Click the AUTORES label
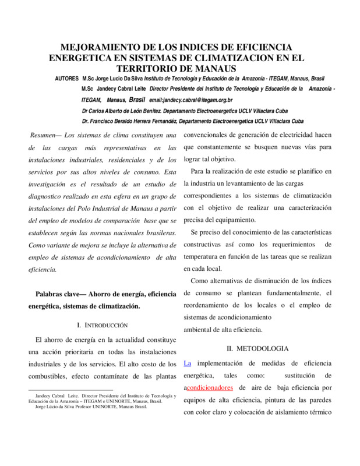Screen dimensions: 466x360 click(x=68, y=78)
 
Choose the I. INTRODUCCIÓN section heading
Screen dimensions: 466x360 click(x=102, y=324)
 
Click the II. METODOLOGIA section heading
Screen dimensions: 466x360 click(x=257, y=348)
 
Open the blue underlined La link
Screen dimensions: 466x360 click(x=187, y=363)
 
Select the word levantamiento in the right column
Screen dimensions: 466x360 click(x=246, y=183)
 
